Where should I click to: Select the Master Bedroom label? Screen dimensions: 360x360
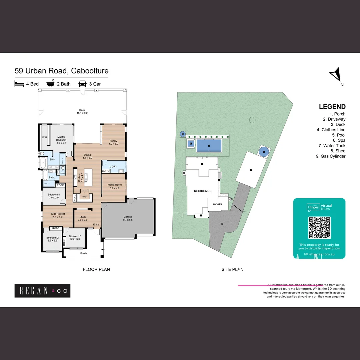click(x=61, y=138)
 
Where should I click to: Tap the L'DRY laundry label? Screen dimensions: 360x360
click(x=113, y=166)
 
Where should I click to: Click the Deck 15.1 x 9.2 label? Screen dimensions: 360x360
click(x=82, y=111)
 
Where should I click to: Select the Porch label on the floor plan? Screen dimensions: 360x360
click(x=84, y=253)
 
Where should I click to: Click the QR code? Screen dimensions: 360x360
click(x=319, y=228)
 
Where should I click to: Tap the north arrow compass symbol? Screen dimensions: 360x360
click(x=335, y=74)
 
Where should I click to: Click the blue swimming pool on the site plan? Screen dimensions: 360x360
click(x=209, y=146)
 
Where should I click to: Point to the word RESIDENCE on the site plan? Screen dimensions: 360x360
click(x=203, y=191)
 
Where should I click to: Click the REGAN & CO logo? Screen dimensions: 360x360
click(x=42, y=291)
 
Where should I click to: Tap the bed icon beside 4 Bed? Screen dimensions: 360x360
click(x=19, y=84)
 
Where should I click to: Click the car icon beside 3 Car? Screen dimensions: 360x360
click(x=82, y=84)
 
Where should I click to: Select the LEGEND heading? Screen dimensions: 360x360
click(x=332, y=107)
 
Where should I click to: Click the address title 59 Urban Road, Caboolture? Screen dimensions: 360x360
click(x=62, y=71)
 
